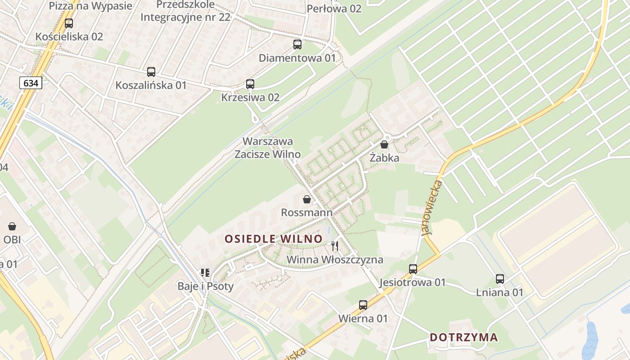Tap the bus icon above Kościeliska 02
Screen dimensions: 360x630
click(x=69, y=23)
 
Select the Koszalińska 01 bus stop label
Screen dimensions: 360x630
click(x=151, y=85)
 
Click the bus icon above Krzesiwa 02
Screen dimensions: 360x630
click(x=250, y=84)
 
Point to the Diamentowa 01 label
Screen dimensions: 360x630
click(x=297, y=58)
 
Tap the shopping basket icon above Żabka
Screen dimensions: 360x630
click(x=384, y=144)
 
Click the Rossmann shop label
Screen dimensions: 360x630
click(x=307, y=212)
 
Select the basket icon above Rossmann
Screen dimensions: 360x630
click(x=307, y=199)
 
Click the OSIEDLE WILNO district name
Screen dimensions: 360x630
click(x=274, y=239)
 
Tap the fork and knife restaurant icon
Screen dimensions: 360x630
click(x=335, y=246)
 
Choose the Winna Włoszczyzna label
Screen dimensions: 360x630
click(x=335, y=260)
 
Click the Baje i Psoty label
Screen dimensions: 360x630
click(x=206, y=286)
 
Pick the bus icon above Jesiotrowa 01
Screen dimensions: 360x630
click(x=413, y=269)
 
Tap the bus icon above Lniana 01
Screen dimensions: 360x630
click(x=500, y=279)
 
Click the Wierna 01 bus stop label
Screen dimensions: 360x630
click(x=363, y=319)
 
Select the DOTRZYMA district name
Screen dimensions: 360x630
click(x=463, y=337)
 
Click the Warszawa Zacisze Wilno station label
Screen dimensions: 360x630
click(x=268, y=148)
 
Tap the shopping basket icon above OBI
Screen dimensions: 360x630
click(x=12, y=226)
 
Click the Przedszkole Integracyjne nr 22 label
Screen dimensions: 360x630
click(x=185, y=11)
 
